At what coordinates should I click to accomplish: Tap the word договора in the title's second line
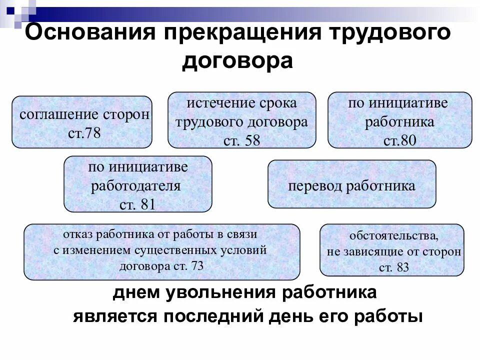pos(237,61)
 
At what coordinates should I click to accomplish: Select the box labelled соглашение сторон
pos(82,122)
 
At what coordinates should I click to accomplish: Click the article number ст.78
pos(84,134)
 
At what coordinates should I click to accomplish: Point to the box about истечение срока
pos(241,120)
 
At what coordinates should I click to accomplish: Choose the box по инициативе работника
pos(399,119)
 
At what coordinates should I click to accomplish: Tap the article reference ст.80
pos(399,140)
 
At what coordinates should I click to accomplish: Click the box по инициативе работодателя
pos(137,184)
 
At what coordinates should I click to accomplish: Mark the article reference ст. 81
pos(138,204)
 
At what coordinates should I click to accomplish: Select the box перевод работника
pos(351,184)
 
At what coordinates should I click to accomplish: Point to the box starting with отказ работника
pos(162,251)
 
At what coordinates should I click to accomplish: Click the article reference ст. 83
pos(393,267)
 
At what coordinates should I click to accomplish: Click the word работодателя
pos(135,186)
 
